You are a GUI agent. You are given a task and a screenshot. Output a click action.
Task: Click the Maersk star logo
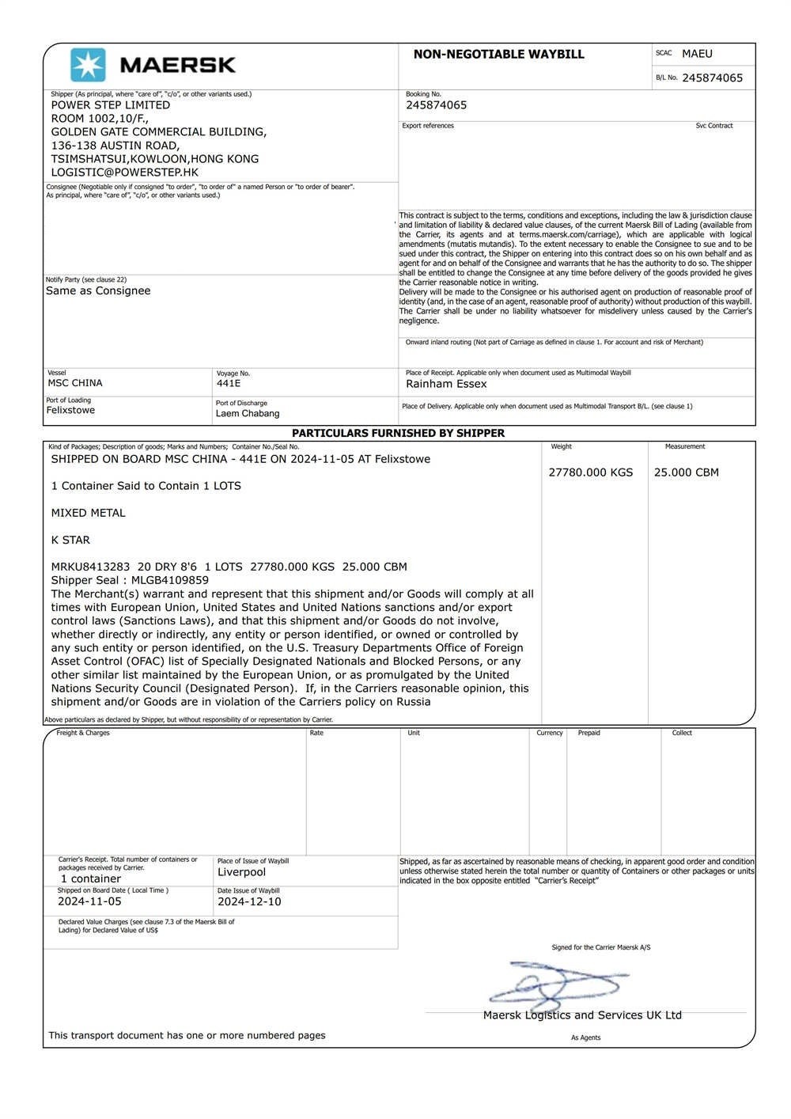point(88,65)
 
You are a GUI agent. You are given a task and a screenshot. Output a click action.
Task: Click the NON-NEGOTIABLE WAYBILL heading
point(498,55)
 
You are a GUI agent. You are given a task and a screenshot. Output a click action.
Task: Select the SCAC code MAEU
point(697,54)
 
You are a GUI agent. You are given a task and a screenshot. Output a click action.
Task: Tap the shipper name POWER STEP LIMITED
point(111,105)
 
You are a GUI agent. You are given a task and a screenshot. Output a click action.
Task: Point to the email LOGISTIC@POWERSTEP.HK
point(125,172)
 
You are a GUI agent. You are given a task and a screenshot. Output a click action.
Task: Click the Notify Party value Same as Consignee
point(98,290)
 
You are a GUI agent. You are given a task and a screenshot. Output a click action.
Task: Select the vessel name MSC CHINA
point(75,383)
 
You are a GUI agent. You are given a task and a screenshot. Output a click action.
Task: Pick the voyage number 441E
point(229,383)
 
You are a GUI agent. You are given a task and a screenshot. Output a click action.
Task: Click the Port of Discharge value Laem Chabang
point(248,413)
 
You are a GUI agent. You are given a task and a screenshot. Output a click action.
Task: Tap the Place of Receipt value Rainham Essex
point(446,384)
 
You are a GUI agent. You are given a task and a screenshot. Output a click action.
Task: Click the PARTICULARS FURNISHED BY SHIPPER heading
point(398,434)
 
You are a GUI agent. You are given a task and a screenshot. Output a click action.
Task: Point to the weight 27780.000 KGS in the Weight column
point(591,472)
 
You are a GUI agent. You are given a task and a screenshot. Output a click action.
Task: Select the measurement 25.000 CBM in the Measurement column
point(687,472)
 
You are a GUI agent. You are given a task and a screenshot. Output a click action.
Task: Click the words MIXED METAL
point(89,513)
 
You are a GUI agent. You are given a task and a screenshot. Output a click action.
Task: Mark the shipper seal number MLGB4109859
point(170,580)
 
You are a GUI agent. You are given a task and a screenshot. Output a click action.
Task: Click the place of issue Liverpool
point(242,872)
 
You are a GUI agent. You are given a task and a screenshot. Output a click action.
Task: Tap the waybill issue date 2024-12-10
point(249,901)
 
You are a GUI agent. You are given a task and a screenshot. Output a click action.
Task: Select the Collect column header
point(682,733)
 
